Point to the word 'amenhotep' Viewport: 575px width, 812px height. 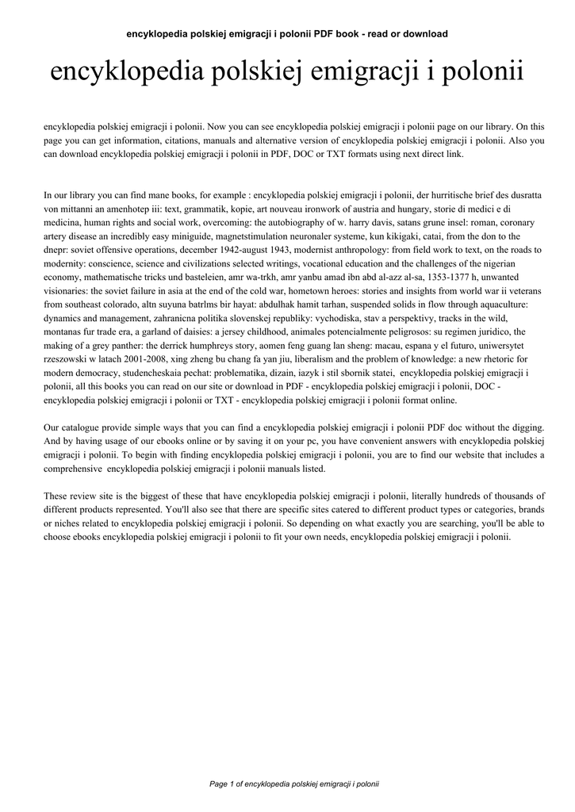[x=141, y=208]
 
